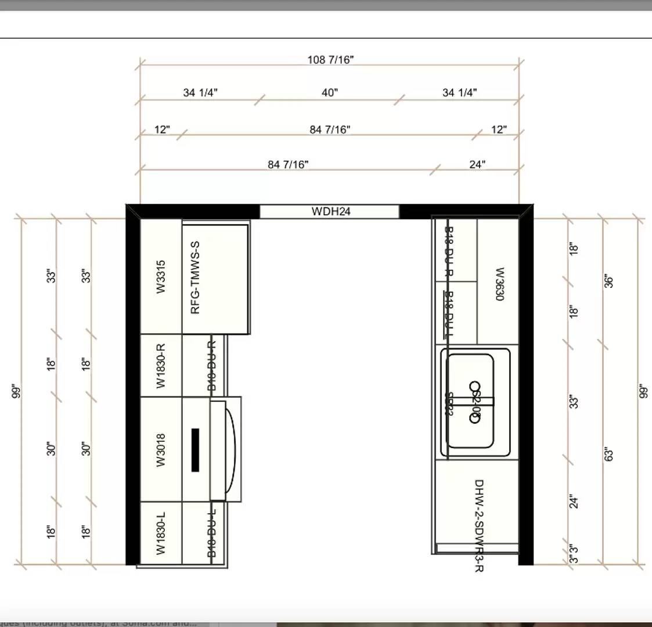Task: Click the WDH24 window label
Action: (x=331, y=211)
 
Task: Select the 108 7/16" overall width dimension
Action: (x=330, y=60)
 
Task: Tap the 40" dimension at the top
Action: (x=330, y=93)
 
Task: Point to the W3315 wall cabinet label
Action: (x=161, y=276)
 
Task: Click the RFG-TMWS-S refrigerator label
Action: (x=196, y=278)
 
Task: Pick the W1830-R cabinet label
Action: (x=161, y=366)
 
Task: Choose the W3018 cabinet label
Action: (x=161, y=449)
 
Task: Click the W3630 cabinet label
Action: (x=499, y=284)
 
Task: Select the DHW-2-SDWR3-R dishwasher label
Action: (x=479, y=525)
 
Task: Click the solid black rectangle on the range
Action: (x=196, y=450)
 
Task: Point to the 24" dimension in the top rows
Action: (x=477, y=165)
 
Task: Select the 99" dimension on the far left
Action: (x=17, y=392)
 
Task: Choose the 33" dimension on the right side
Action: (x=574, y=402)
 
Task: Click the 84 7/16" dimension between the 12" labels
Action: (x=330, y=129)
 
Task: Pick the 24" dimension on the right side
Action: (x=574, y=502)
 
